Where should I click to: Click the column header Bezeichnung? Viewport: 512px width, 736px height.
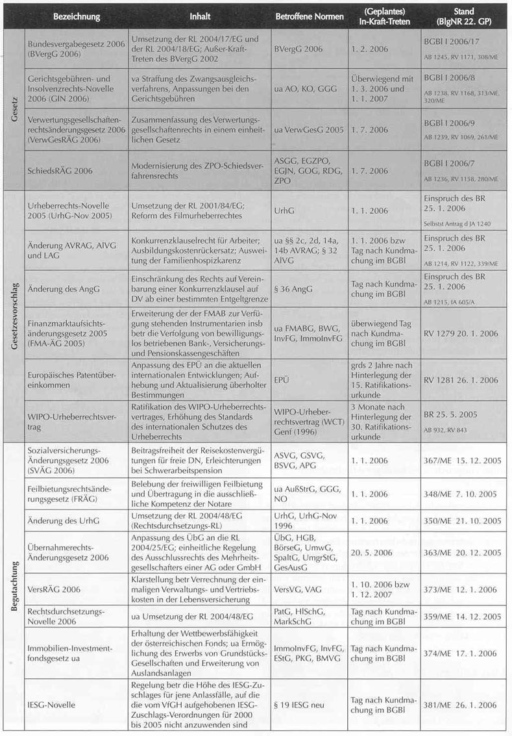[x=76, y=16]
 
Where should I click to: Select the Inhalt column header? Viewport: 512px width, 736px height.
[x=199, y=16]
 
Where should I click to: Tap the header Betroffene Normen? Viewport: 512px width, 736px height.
[x=310, y=16]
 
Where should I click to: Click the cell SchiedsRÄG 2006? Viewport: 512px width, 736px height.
[x=60, y=171]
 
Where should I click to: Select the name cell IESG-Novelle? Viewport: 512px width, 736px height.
[x=51, y=704]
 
